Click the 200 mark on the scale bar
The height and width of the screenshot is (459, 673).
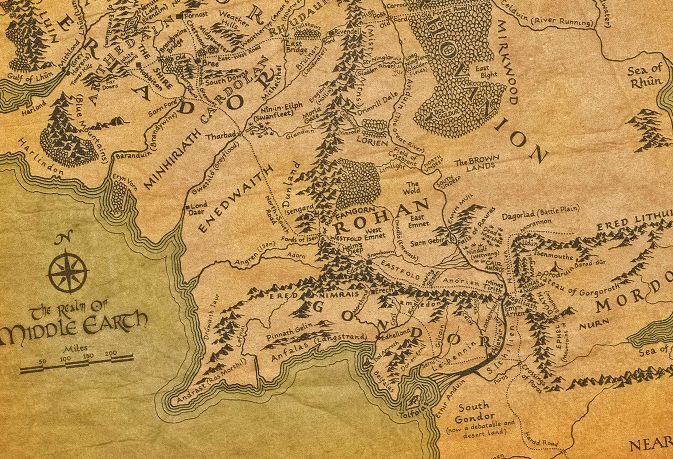click(x=111, y=354)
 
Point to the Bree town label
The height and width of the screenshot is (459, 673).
click(x=210, y=63)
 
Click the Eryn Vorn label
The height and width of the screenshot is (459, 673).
click(x=125, y=182)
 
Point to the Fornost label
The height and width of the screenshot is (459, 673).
click(x=196, y=14)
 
